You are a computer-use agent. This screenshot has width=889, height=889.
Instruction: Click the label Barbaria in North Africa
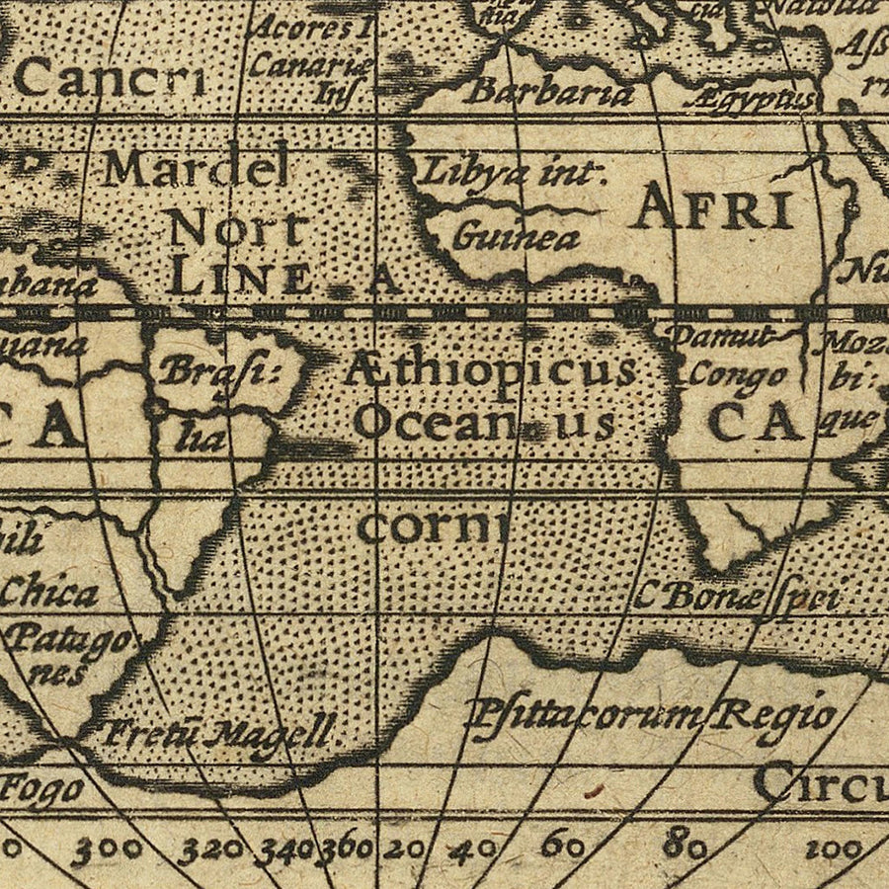pos(549,92)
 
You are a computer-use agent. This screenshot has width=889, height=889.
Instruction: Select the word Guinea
pos(502,237)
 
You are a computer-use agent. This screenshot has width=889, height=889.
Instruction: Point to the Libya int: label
pos(512,174)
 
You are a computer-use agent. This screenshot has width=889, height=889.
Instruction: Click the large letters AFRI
pos(714,209)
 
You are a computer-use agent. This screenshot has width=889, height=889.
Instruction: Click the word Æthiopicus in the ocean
pos(490,371)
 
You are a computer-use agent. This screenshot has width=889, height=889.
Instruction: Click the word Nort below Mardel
pos(235,230)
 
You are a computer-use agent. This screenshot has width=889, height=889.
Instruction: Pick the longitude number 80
pos(684,847)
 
